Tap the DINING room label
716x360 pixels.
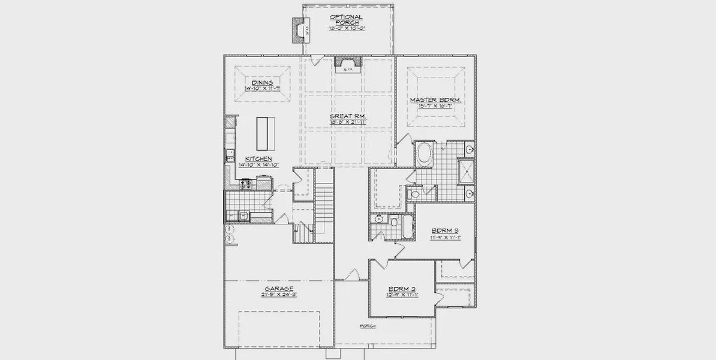263,83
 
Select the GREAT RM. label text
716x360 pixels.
348,116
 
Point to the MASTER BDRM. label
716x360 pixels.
436,100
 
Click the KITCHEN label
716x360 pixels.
254,159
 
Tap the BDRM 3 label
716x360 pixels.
444,230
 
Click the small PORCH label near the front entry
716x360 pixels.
368,326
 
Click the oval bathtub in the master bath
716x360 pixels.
425,155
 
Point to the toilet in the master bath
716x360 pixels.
414,193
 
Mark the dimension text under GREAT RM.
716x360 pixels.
348,122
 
